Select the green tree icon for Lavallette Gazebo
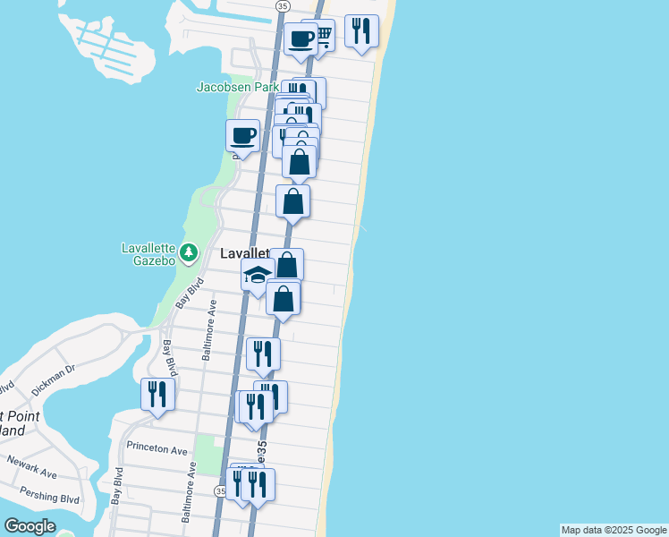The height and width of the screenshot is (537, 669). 188,252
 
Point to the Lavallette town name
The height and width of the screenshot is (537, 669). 244,254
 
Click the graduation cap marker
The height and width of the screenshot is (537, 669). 258,275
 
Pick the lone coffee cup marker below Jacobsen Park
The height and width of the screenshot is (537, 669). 242,136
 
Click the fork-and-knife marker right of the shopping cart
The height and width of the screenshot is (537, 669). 360,31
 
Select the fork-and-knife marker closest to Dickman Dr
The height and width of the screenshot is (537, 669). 157,395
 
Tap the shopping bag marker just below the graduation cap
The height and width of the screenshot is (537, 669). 283,299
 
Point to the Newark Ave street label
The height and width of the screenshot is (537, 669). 32,471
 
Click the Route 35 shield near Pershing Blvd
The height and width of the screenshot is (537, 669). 220,491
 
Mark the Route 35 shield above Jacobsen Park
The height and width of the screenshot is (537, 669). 283,5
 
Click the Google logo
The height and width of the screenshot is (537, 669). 29,526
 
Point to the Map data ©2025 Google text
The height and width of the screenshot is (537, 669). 614,530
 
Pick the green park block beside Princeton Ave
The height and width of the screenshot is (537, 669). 207,453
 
